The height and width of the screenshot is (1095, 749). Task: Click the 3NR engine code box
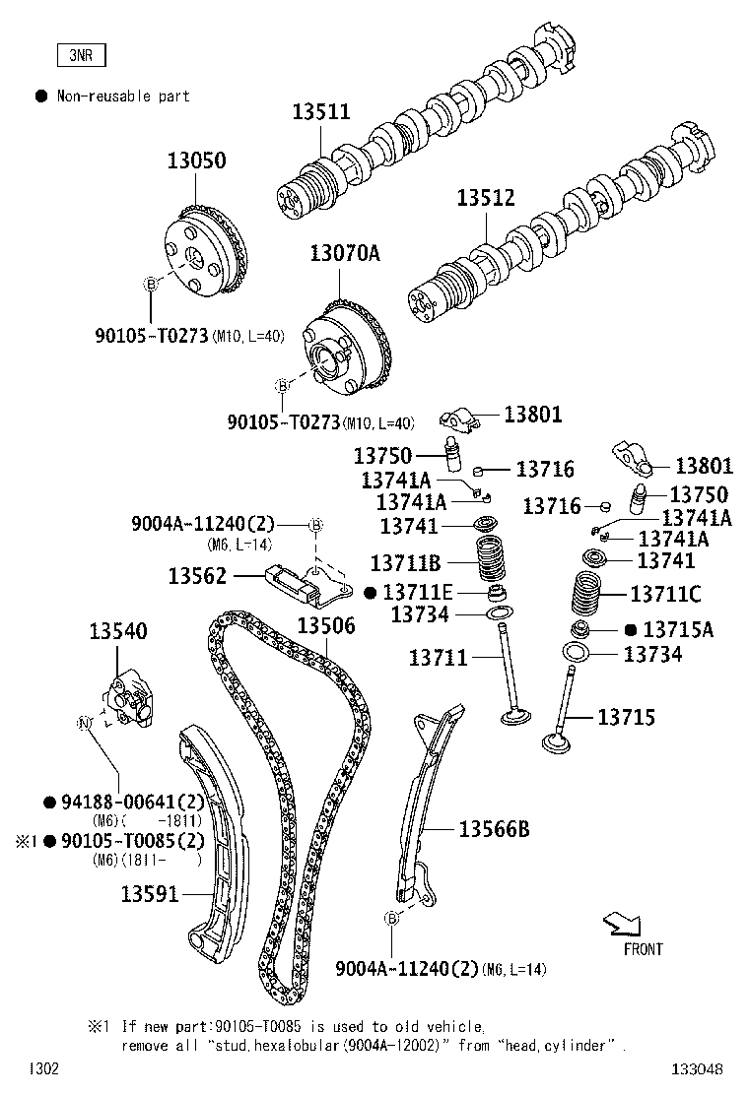pos(80,56)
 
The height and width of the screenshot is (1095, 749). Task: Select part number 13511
pos(320,112)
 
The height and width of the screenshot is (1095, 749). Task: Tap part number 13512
pos(485,198)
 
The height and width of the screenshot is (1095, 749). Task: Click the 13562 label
pos(197,576)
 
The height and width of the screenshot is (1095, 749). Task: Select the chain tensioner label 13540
pos(118,630)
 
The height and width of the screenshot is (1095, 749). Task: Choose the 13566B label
pos(494,830)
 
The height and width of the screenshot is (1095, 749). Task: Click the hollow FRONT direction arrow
pos(622,923)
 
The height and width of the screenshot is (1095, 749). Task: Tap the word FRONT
pos(643,949)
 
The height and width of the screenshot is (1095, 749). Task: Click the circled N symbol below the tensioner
pos(84,723)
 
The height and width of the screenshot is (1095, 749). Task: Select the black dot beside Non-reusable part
pos(41,96)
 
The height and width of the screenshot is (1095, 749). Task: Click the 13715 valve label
pos(626,718)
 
